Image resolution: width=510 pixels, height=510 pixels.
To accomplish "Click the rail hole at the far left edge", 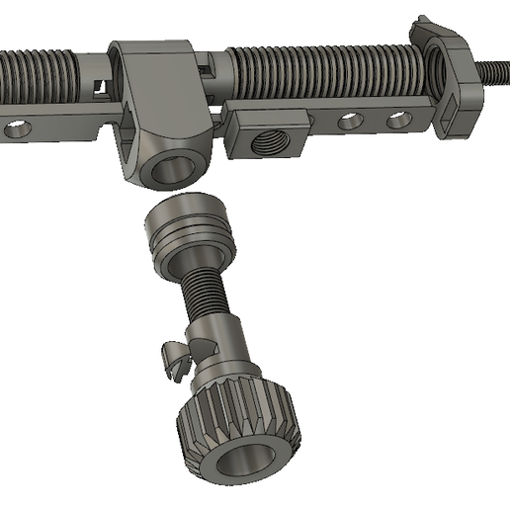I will coord(15,129).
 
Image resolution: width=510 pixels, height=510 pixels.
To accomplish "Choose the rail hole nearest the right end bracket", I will coord(397,121).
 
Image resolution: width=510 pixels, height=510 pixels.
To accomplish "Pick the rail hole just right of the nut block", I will coord(350,123).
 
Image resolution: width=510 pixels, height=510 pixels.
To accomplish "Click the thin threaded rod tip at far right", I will coord(494,71).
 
